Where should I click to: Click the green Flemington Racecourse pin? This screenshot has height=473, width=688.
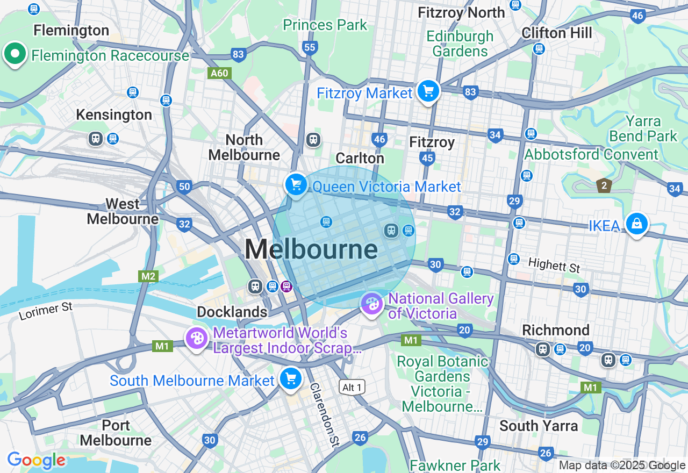(15, 54)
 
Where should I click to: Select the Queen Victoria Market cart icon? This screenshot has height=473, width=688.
(296, 185)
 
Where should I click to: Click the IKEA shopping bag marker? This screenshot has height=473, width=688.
(636, 223)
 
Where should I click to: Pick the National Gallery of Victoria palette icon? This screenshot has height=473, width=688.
(371, 305)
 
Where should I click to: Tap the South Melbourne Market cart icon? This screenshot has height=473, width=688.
(291, 379)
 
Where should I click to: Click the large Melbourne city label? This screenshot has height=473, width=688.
(311, 249)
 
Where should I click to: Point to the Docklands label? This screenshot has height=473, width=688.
(232, 312)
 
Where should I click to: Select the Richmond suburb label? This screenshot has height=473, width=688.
(556, 330)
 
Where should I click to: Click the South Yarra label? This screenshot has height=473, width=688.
(539, 426)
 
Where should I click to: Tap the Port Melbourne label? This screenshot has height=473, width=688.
(116, 433)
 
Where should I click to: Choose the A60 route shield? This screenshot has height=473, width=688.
(219, 73)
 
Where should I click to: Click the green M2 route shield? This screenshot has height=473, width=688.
(148, 276)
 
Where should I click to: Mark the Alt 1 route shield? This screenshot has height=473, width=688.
(352, 387)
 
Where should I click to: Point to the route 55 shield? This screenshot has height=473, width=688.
(310, 47)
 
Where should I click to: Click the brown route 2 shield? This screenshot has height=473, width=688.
(604, 186)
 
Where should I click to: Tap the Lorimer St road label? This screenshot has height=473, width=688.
(46, 311)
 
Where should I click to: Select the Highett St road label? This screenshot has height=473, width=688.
(554, 264)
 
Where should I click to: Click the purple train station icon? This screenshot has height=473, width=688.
(286, 286)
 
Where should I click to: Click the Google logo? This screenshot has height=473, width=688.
(36, 461)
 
